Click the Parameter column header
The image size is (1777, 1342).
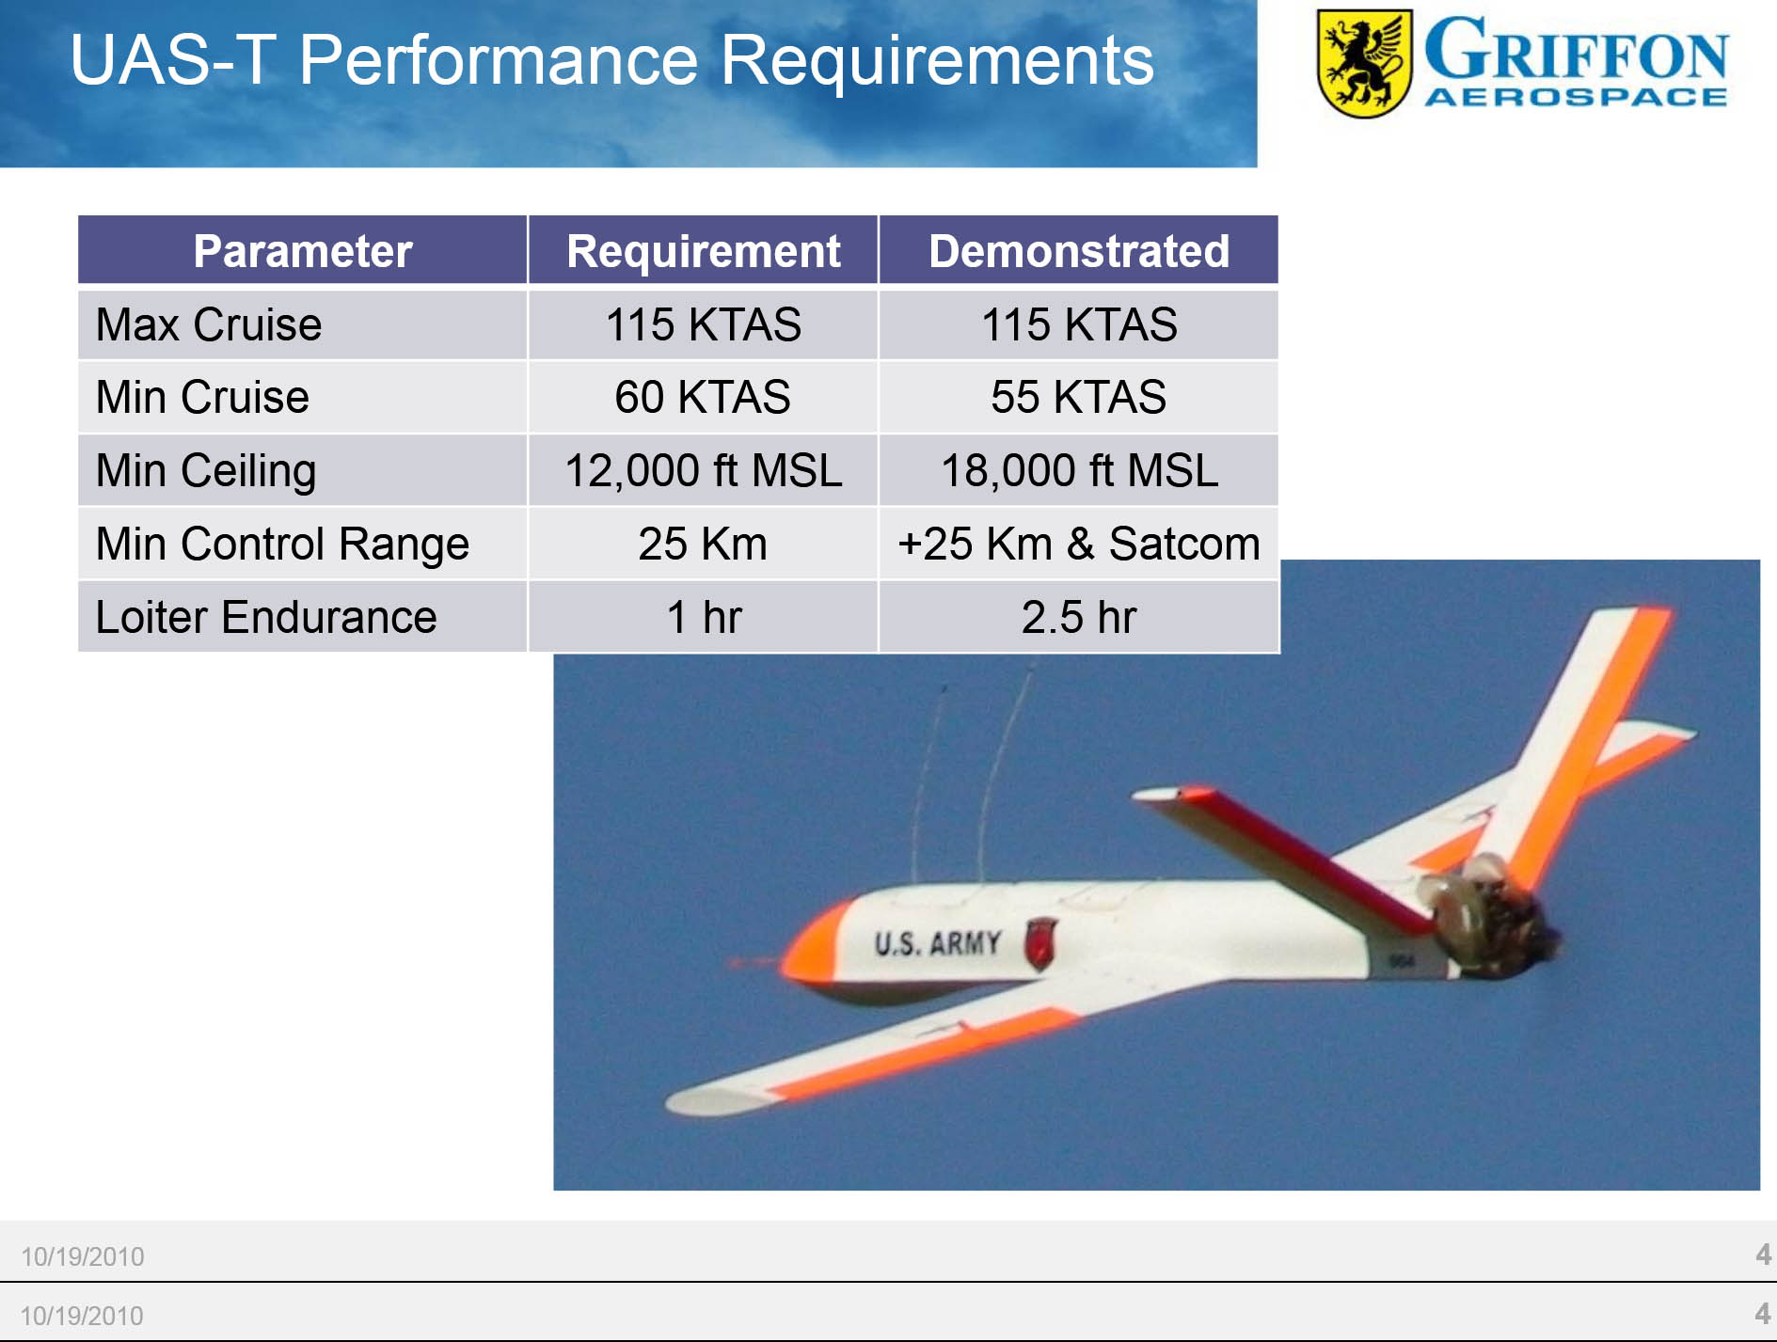tap(302, 251)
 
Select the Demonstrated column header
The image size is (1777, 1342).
tap(1079, 251)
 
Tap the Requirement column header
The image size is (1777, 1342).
tap(703, 251)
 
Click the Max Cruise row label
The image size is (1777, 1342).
tap(209, 324)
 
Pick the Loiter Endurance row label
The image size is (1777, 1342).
tap(266, 617)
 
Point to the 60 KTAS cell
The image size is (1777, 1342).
tap(703, 397)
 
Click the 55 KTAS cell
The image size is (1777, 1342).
tap(1079, 397)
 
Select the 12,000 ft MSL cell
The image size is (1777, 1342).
tap(703, 470)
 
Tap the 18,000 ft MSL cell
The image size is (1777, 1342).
tap(1079, 470)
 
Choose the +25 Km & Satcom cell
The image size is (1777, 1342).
tap(1079, 544)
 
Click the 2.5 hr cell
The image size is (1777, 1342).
tap(1079, 617)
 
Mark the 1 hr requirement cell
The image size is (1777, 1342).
tap(703, 617)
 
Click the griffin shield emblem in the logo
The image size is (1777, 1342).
tap(1364, 63)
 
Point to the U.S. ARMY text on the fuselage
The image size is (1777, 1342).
tap(937, 942)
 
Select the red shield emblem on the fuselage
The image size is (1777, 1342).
tap(1039, 943)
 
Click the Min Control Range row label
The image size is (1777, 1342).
tap(282, 544)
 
